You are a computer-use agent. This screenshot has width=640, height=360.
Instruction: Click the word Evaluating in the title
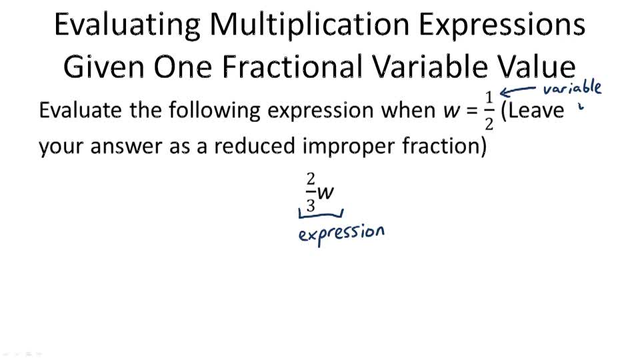[126, 25]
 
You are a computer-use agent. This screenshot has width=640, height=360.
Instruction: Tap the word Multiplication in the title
[309, 25]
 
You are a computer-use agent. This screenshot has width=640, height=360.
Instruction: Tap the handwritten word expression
[341, 233]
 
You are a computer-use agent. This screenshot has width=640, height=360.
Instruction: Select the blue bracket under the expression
[321, 214]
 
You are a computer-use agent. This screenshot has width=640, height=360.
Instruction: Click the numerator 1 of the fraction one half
[489, 97]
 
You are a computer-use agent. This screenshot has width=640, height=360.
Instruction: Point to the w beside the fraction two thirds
[325, 193]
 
